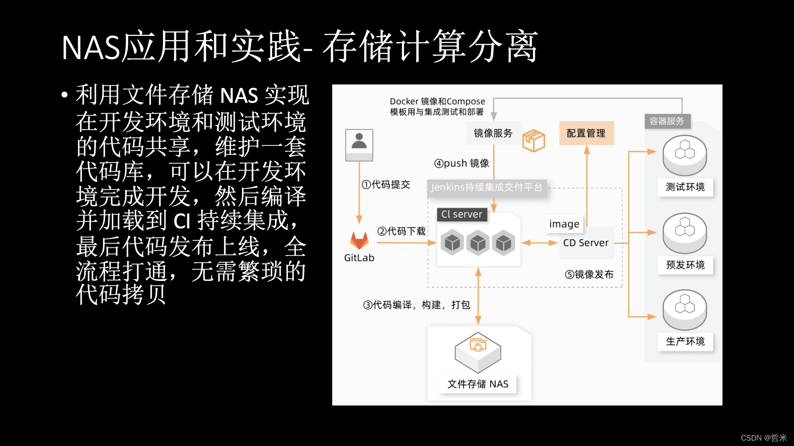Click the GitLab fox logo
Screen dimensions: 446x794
(x=359, y=240)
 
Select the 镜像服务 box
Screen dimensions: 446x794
(x=493, y=133)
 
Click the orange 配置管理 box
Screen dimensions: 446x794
(x=586, y=133)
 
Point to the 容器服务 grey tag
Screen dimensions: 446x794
(x=667, y=121)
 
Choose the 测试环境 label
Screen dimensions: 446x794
(x=685, y=187)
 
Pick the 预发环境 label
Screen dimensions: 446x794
(x=685, y=265)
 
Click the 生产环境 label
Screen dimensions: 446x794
(x=685, y=342)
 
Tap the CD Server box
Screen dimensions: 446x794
(x=586, y=243)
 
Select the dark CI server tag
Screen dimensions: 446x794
(x=462, y=214)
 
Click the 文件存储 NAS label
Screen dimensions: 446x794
(x=478, y=384)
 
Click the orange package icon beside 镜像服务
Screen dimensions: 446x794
(x=533, y=140)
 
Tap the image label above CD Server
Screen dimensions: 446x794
(x=564, y=224)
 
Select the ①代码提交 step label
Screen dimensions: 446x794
(x=386, y=185)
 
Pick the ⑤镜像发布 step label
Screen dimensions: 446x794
(x=589, y=275)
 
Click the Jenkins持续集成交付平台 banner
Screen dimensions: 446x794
(x=487, y=187)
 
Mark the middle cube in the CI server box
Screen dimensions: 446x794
(x=478, y=243)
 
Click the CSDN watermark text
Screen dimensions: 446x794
(x=763, y=438)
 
